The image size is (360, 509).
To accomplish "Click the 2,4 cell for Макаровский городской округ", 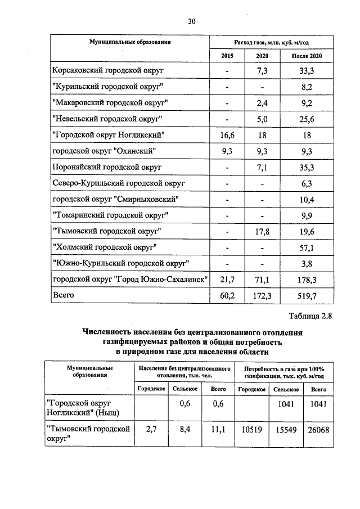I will point(261,103).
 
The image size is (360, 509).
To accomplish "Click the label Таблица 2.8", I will point(311,316).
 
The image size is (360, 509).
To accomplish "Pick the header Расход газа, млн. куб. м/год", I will point(271,42).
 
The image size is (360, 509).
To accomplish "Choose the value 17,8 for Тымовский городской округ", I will point(261,231).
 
